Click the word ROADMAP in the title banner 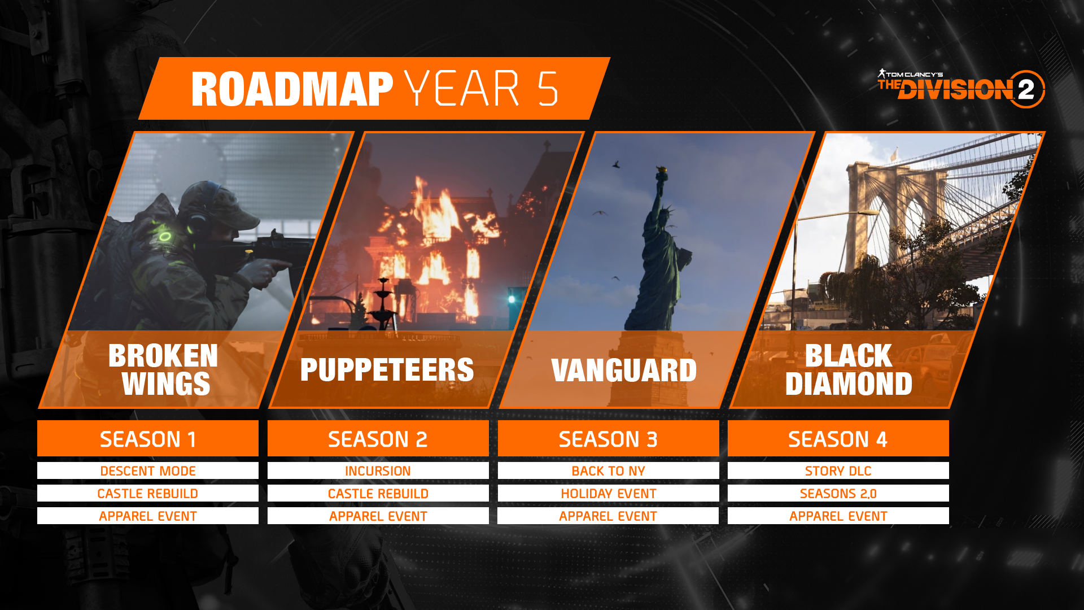291,89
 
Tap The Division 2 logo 961,89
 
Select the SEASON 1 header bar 148,439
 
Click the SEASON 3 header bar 608,439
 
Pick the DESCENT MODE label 148,470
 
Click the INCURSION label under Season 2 378,470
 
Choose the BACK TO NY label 608,470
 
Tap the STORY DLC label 838,470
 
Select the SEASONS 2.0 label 838,493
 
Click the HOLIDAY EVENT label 608,493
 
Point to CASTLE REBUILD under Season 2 378,493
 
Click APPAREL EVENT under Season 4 838,516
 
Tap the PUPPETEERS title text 387,370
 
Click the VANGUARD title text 624,371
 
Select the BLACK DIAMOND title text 848,370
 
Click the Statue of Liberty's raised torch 660,171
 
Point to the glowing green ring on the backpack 164,236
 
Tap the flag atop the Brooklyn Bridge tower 894,154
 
